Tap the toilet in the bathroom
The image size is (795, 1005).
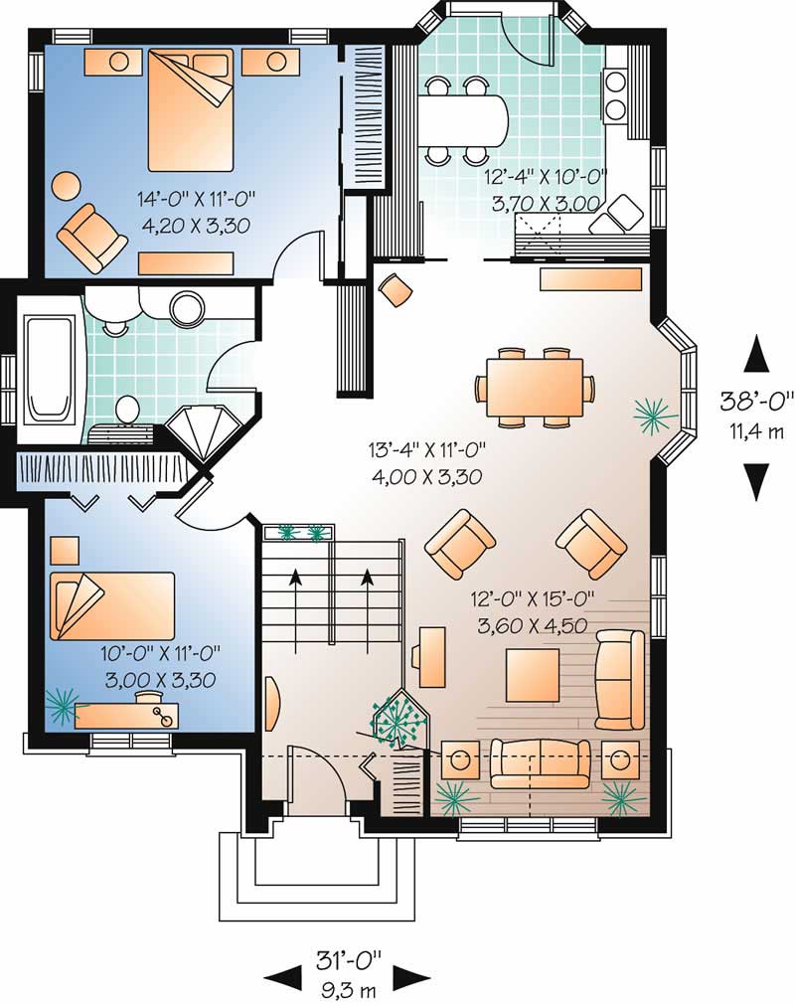128,409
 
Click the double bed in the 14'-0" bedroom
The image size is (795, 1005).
191,109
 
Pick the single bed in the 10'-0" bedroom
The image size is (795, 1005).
111,604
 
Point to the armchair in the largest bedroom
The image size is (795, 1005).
91,237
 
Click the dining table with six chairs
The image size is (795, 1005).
534,387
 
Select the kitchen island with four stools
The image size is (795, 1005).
462,120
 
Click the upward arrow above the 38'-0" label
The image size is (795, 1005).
757,354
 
